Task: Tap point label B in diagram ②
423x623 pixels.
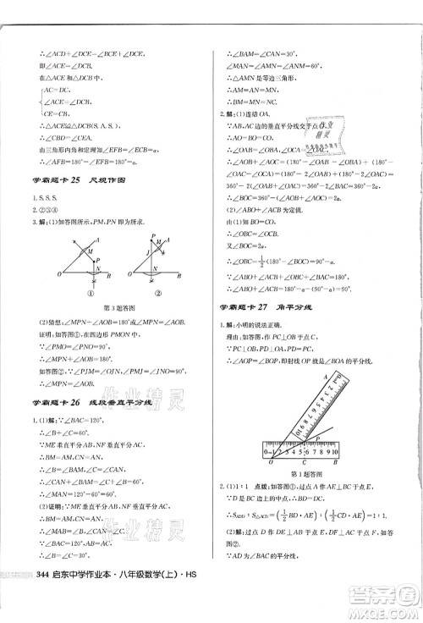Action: tap(181, 274)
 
